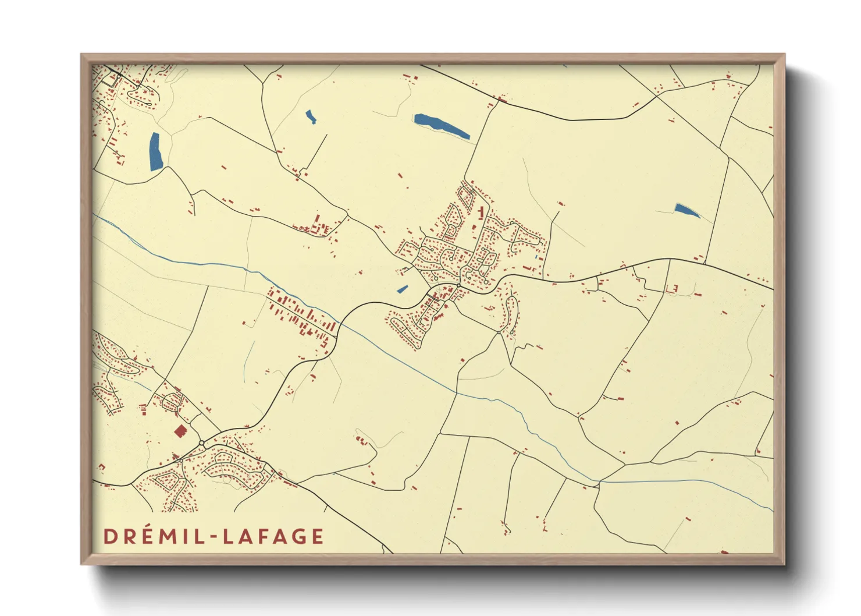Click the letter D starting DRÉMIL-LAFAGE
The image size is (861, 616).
click(x=111, y=536)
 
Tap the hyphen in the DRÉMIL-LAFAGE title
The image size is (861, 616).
click(x=213, y=537)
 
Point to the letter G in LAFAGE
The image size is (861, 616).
click(x=296, y=536)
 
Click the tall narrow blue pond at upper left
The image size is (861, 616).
click(x=155, y=152)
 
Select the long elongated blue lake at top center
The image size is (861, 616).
click(x=441, y=126)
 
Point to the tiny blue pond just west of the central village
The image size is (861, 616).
click(x=402, y=289)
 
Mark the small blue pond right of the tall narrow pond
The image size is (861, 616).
click(x=311, y=117)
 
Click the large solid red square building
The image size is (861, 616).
click(x=180, y=431)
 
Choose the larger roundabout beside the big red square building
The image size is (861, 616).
click(x=201, y=444)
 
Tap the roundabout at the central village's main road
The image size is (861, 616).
click(x=458, y=285)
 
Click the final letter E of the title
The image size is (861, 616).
click(x=317, y=536)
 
